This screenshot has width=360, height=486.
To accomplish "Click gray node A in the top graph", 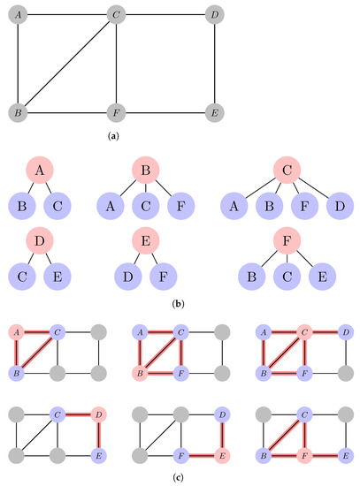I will point(16,15).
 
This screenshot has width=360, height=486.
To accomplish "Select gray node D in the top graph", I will point(211,15).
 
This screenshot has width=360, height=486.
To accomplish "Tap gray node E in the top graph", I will point(211,113).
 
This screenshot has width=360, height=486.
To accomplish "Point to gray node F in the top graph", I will point(114,113).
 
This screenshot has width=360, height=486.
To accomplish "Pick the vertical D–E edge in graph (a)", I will point(211,65).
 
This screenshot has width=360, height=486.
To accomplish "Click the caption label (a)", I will point(113,138).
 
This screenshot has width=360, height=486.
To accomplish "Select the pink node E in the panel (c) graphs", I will point(221,451).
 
